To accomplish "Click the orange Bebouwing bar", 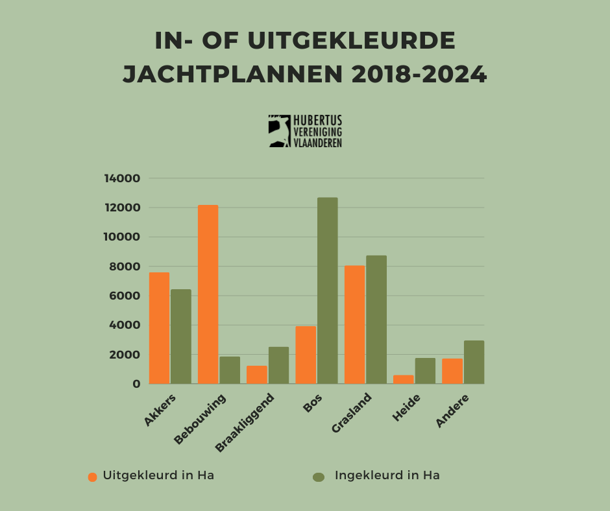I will point(208,294).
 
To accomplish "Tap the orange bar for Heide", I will point(403,379).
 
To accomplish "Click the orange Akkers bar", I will point(159,328).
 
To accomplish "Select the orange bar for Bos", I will point(306,355).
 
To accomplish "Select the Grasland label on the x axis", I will point(352,413).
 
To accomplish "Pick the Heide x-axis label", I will point(406,408).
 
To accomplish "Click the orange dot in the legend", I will point(92,477).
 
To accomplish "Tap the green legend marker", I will point(318,477).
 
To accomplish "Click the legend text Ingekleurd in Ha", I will point(387,475).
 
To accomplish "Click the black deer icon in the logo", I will point(279,131).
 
